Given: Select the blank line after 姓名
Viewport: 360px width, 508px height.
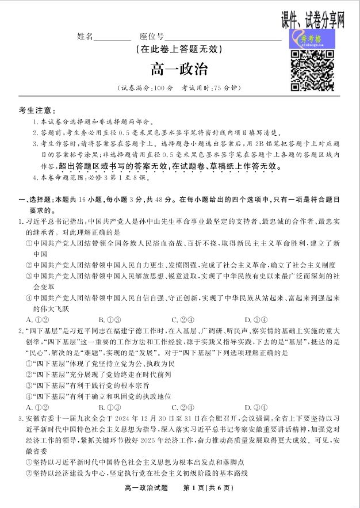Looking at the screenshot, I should pyautogui.click(x=112, y=38).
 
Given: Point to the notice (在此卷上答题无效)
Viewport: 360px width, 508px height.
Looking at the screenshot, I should pyautogui.click(x=179, y=49).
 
